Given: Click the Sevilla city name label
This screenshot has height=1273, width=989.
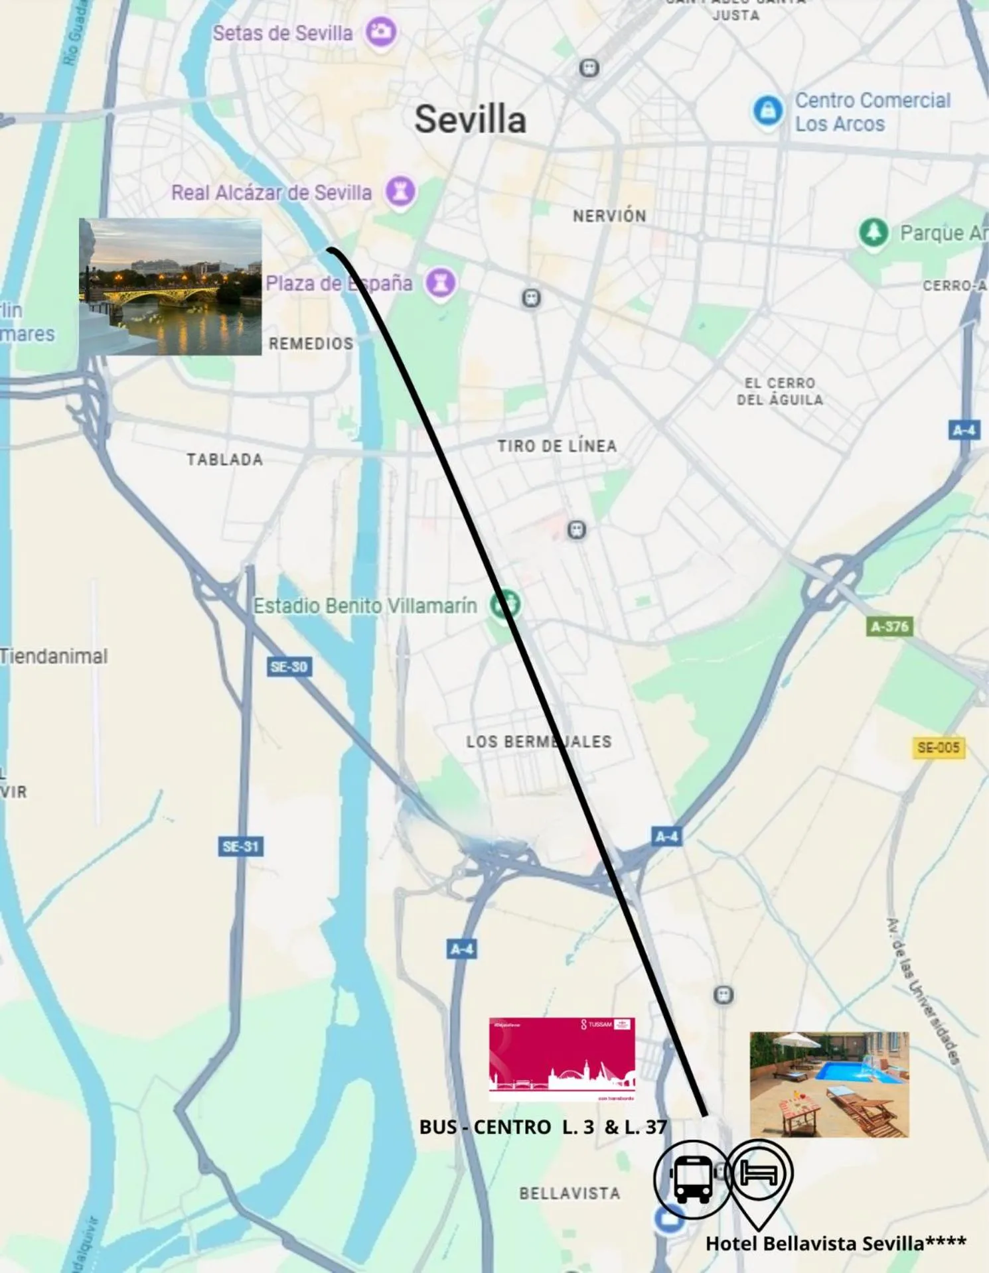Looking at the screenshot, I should tap(470, 119).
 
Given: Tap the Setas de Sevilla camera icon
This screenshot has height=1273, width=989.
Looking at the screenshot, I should tap(381, 31).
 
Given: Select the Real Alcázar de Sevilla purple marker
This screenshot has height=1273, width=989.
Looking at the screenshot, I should tap(400, 192).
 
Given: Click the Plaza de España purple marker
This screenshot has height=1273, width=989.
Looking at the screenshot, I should tap(440, 283).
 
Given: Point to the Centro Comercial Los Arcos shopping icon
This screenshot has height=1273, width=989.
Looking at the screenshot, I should tap(768, 109).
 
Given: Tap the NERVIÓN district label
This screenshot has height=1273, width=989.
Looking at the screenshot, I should tap(609, 216).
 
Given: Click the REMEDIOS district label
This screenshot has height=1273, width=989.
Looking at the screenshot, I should tap(311, 344).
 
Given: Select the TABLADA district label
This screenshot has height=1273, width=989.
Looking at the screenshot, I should tap(224, 459).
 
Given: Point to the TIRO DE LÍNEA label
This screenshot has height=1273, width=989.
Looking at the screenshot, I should tap(557, 446).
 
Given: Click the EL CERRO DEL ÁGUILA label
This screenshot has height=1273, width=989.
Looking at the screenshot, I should tap(780, 391).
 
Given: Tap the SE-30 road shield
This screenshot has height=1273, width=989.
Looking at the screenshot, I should tap(289, 667).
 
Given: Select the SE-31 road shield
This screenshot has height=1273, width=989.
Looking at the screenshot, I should tap(240, 846).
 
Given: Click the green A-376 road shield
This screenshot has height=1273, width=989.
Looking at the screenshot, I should tap(889, 626).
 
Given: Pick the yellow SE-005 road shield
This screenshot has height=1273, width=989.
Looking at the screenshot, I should tap(938, 748).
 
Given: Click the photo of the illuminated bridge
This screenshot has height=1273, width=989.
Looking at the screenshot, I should tap(171, 287).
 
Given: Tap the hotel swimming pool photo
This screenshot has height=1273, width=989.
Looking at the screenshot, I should tap(829, 1084).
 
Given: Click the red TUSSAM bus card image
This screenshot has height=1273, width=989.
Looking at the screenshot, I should tap(562, 1059).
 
